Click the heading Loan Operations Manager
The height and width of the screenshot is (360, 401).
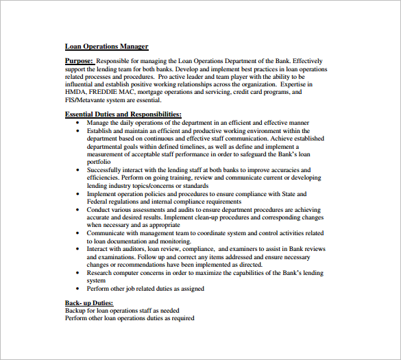pyautogui.click(x=106, y=47)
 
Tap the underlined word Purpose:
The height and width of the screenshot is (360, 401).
pyautogui.click(x=79, y=61)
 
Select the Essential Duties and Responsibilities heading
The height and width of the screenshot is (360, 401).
pyautogui.click(x=123, y=114)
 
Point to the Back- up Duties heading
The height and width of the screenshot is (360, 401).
pyautogui.click(x=89, y=302)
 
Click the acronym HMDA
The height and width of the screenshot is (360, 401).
pyautogui.click(x=76, y=91)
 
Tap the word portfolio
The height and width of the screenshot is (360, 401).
pyautogui.click(x=99, y=161)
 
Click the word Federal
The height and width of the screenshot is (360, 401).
pyautogui.click(x=99, y=202)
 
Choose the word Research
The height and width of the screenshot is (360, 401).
pyautogui.click(x=101, y=272)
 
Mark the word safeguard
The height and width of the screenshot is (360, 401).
pyautogui.click(x=274, y=154)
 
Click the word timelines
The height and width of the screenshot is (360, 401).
pyautogui.click(x=190, y=146)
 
